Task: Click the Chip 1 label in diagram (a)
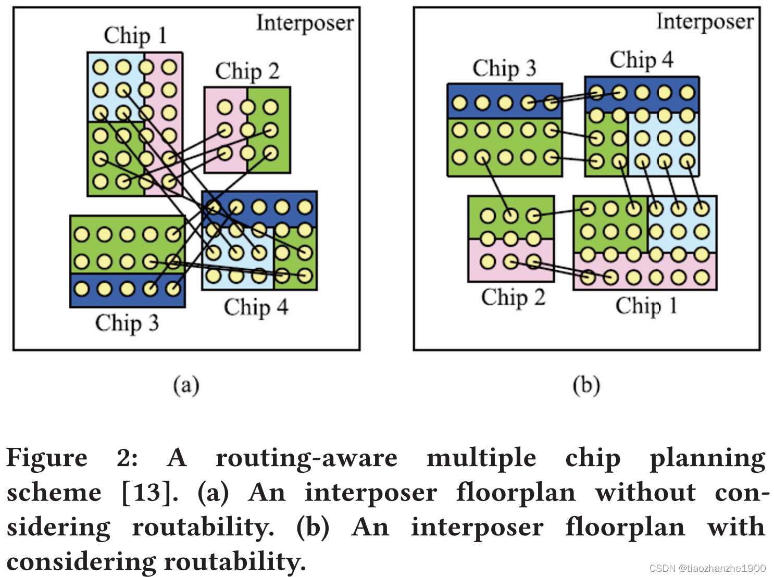click(135, 35)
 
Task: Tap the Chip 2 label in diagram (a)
click(247, 71)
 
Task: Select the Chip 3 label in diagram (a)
click(127, 323)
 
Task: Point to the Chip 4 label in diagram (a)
click(256, 307)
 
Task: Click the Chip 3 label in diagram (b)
click(504, 68)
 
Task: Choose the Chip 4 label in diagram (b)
click(641, 59)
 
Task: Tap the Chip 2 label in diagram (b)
click(513, 297)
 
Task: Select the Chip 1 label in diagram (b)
click(646, 305)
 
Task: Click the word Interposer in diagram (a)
click(305, 23)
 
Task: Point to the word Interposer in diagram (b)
click(705, 21)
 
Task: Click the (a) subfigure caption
click(186, 385)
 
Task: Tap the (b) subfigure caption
click(586, 385)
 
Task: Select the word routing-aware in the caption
click(306, 458)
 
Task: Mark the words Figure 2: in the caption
click(72, 458)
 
